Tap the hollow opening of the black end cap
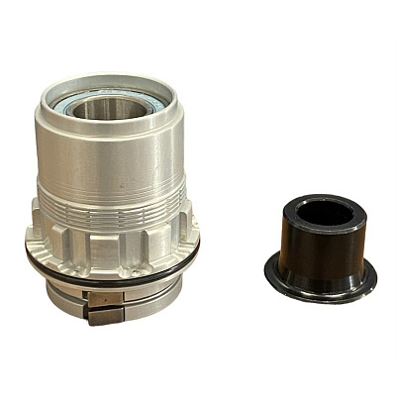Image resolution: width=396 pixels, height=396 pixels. (x=325, y=212)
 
